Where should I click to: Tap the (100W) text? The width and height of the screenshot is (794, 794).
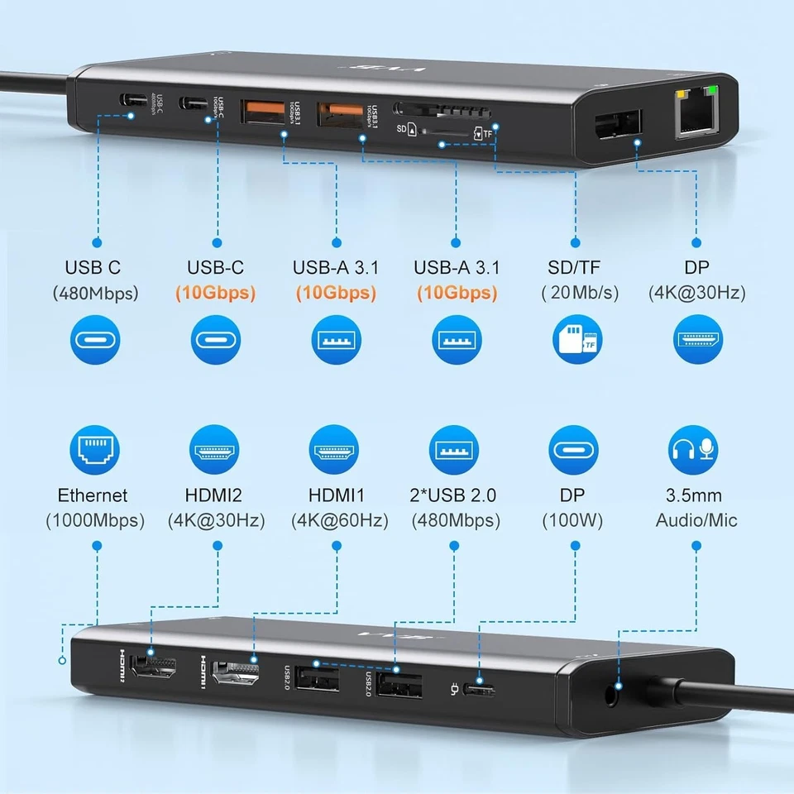572,521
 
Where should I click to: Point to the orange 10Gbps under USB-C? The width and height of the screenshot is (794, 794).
215,293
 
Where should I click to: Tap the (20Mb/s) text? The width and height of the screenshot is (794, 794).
574,293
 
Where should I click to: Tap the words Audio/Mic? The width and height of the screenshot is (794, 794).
696,521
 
